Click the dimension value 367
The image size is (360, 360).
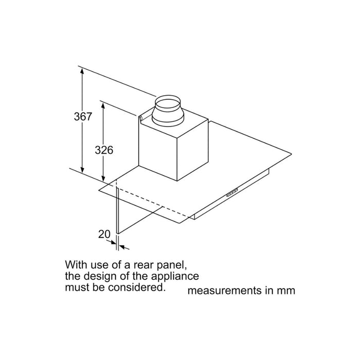pos(82,117)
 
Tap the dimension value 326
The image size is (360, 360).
pos(104,150)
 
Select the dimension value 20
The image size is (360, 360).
pos(104,234)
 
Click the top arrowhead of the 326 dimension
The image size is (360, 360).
pos(103,105)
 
